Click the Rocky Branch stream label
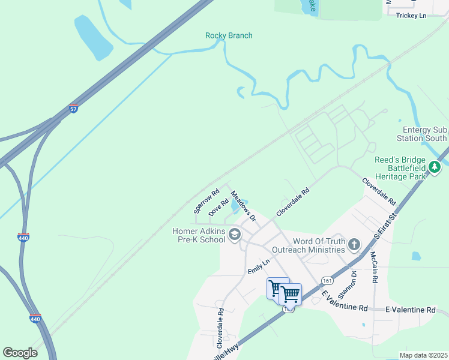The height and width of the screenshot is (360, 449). (x=229, y=35)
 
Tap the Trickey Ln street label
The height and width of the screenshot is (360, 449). (x=411, y=15)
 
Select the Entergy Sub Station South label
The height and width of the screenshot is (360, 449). (x=426, y=134)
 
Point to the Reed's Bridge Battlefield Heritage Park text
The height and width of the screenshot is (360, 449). (x=400, y=168)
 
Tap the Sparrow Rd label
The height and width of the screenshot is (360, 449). (x=203, y=203)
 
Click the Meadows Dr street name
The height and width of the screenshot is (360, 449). (x=244, y=206)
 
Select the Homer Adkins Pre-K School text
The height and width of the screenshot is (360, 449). (x=197, y=235)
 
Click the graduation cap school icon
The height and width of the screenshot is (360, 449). (x=235, y=235)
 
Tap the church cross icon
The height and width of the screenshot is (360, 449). (x=354, y=244)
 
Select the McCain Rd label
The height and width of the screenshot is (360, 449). (x=374, y=268)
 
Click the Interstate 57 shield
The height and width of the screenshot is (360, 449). (x=73, y=109)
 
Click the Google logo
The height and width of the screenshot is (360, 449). (x=20, y=353)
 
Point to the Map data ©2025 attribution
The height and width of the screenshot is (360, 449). (x=423, y=355)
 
